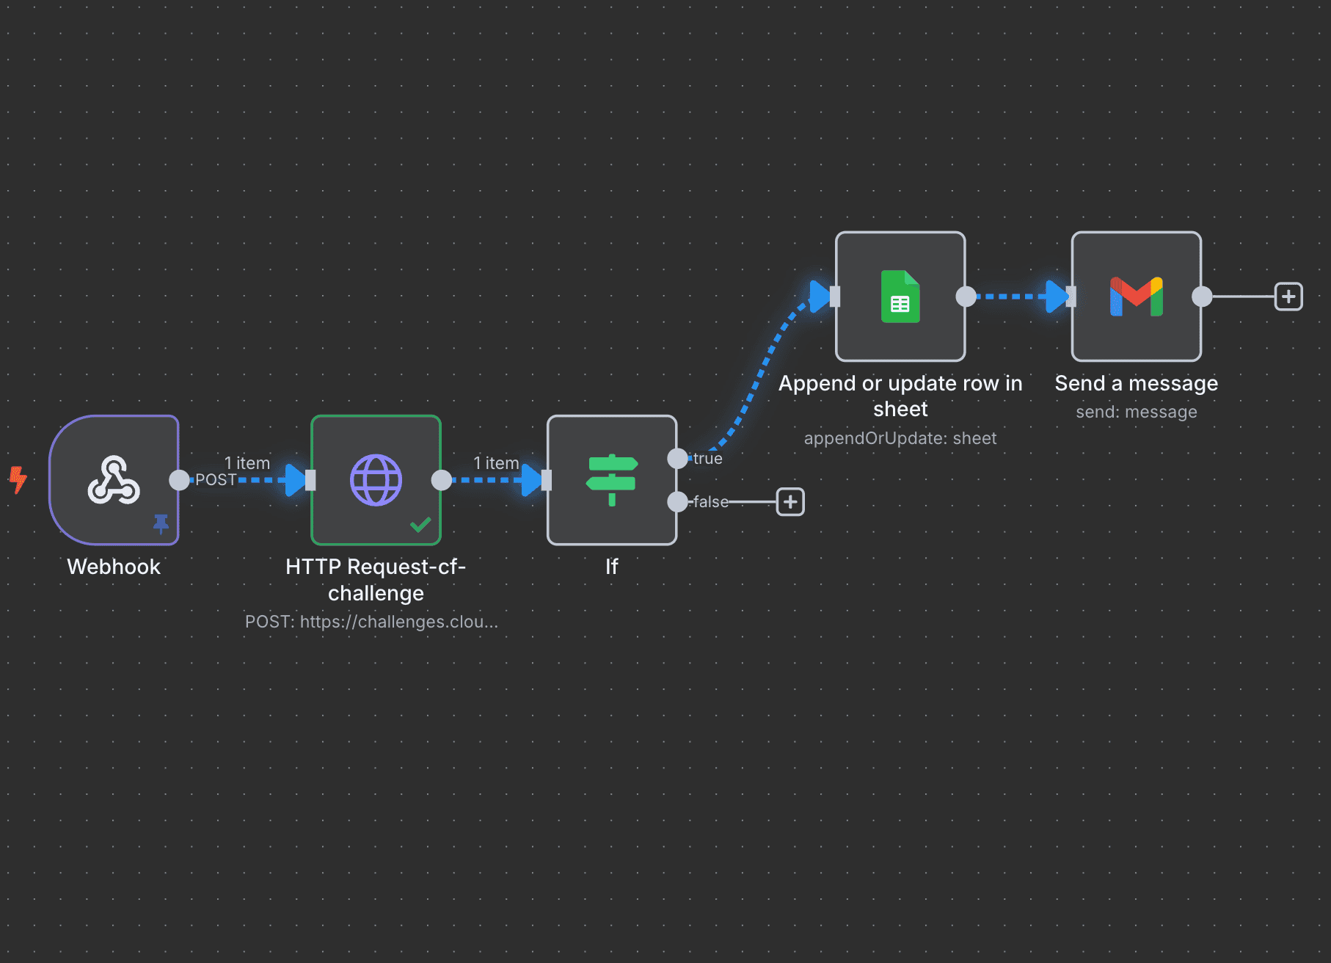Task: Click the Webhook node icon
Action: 114,480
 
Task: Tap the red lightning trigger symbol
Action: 18,479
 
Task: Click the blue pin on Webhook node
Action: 161,523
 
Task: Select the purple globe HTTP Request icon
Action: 376,480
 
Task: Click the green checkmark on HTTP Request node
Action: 420,525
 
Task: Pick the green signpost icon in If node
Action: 612,480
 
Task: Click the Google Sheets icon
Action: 900,297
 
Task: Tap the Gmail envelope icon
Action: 1136,297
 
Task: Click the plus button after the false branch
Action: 790,502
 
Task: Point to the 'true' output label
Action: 707,459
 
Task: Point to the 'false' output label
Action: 711,502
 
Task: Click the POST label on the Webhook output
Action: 216,480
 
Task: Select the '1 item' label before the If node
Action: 496,463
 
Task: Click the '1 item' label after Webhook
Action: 247,463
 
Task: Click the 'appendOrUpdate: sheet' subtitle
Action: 900,438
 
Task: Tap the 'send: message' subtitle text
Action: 1136,412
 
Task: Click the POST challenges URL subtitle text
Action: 371,622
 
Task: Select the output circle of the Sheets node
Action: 966,297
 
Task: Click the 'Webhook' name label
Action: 114,567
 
